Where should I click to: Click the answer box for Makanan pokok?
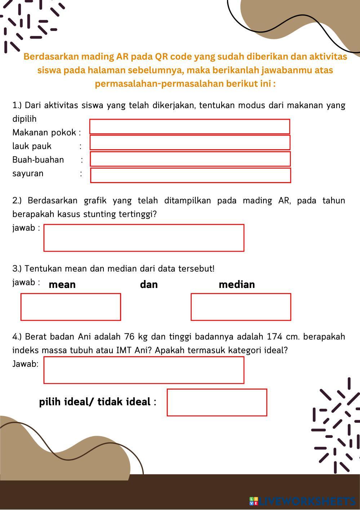tap(190, 127)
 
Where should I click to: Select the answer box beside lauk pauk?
tap(190, 142)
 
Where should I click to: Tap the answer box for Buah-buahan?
tap(190, 159)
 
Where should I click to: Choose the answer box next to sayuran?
tap(191, 176)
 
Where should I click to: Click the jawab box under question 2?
tap(144, 238)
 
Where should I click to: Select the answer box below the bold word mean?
tap(71, 307)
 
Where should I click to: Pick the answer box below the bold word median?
tap(241, 307)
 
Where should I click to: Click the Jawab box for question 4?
tap(144, 370)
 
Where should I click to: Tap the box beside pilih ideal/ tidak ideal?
tap(217, 402)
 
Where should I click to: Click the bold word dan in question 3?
tap(149, 285)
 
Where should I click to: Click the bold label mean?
tap(62, 285)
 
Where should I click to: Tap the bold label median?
tap(237, 285)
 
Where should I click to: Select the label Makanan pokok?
tap(44, 133)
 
